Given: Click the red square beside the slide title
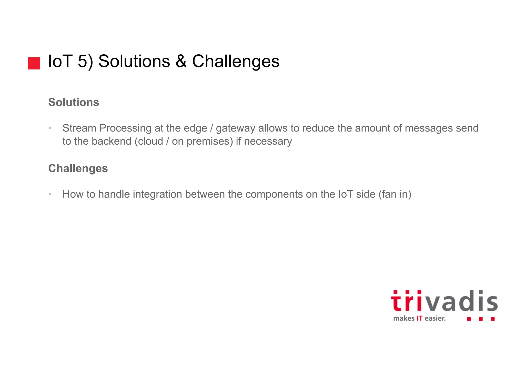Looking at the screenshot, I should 34,63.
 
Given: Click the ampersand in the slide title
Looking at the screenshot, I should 181,61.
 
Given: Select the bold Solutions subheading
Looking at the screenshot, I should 74,102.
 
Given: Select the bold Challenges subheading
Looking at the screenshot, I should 78,168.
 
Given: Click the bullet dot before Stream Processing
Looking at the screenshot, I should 50,128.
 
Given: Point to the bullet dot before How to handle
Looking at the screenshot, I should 50,194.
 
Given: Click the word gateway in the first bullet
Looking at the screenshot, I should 235,128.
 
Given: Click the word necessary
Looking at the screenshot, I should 268,142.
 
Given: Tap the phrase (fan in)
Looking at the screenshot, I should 395,194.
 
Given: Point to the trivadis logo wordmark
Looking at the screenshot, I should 444,302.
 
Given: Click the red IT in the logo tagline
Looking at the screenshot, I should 419,318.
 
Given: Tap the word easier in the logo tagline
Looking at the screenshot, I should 435,318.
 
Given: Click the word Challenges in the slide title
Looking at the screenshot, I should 236,61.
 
